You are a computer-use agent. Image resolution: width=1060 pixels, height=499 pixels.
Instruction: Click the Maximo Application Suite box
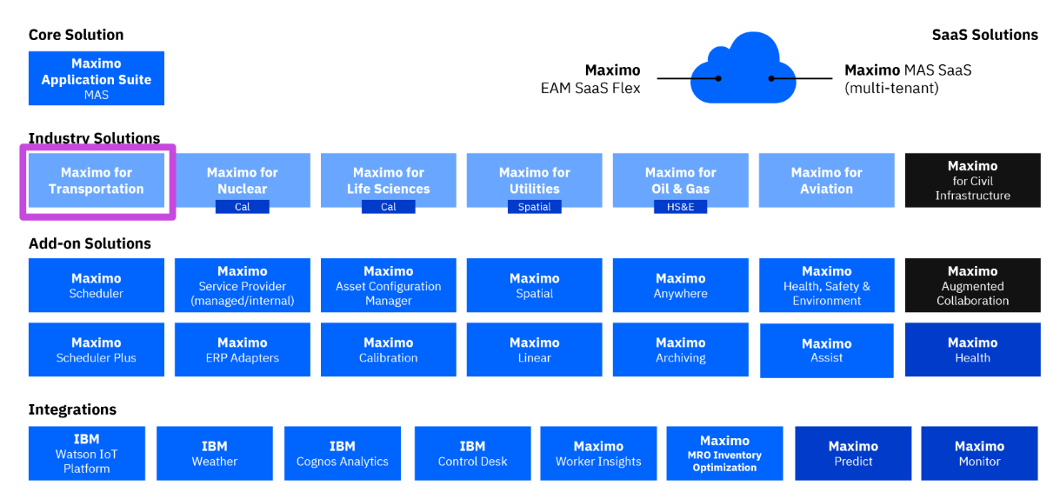click(x=96, y=78)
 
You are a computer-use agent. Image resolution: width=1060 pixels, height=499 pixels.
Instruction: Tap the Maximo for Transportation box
click(x=96, y=181)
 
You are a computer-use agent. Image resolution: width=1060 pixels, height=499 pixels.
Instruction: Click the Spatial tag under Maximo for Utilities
click(x=534, y=207)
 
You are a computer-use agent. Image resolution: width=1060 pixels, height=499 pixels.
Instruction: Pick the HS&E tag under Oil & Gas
click(x=680, y=207)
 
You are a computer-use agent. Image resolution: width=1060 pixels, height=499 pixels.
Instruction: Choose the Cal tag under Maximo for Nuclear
click(x=242, y=207)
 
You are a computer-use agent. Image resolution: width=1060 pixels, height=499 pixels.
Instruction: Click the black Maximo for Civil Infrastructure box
click(x=972, y=181)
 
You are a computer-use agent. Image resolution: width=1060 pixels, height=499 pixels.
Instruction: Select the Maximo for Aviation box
click(x=826, y=181)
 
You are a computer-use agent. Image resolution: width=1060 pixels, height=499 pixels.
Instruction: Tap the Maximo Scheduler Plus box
click(x=96, y=349)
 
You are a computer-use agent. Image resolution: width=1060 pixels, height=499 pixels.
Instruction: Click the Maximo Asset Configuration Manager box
click(x=388, y=285)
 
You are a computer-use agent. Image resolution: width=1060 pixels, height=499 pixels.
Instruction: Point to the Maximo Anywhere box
click(x=680, y=285)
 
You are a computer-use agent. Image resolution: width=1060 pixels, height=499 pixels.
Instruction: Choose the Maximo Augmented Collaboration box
click(x=972, y=285)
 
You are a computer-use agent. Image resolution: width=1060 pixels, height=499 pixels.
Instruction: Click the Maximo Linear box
click(x=534, y=349)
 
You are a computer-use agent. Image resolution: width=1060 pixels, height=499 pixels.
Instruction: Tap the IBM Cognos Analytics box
click(x=342, y=453)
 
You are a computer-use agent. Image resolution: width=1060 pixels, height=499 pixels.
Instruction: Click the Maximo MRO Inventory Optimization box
click(x=724, y=453)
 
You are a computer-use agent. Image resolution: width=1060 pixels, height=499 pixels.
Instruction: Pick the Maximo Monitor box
click(x=979, y=453)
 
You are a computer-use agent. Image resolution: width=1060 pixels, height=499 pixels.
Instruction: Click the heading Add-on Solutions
click(x=90, y=243)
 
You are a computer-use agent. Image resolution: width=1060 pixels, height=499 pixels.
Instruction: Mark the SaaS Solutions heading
click(x=984, y=35)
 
